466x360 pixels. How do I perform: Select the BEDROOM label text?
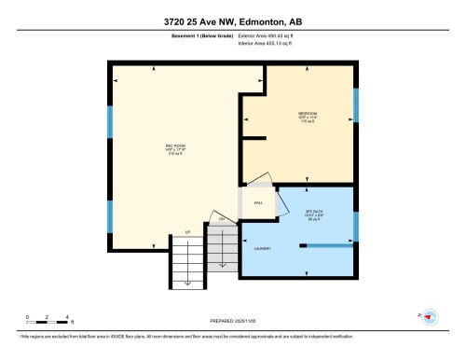tap(308, 117)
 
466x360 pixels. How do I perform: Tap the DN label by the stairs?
tap(222, 219)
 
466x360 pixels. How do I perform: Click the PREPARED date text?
tap(232, 319)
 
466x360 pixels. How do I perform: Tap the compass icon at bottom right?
tap(430, 317)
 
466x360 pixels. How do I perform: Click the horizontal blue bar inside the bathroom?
tap(331, 245)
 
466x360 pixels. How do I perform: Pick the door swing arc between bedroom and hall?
tap(261, 179)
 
